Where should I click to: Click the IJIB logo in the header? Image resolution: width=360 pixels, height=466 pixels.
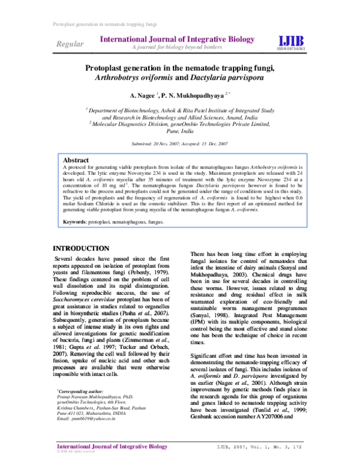pos(291,40)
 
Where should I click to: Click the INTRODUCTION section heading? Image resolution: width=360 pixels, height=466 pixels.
pos(81,249)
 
